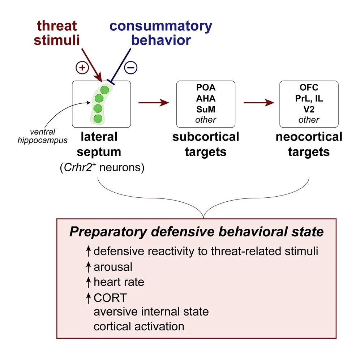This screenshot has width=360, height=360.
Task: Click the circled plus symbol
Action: [x=82, y=68]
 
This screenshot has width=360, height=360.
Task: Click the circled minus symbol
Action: [x=131, y=68]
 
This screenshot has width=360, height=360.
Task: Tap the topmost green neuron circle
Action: [x=104, y=90]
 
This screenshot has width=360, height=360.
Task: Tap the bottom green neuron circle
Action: [x=98, y=118]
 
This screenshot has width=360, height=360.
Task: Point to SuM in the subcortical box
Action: [x=206, y=109]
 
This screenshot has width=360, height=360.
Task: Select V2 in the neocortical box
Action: [x=309, y=109]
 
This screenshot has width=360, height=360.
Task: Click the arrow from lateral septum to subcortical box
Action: [x=154, y=103]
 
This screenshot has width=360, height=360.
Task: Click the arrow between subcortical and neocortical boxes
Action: [x=258, y=103]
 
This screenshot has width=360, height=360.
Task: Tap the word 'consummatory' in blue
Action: [x=161, y=26]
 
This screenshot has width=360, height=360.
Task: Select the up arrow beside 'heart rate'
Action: [x=88, y=282]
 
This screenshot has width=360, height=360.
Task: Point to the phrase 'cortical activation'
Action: [x=139, y=326]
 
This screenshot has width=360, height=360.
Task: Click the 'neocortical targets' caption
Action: [x=309, y=144]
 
